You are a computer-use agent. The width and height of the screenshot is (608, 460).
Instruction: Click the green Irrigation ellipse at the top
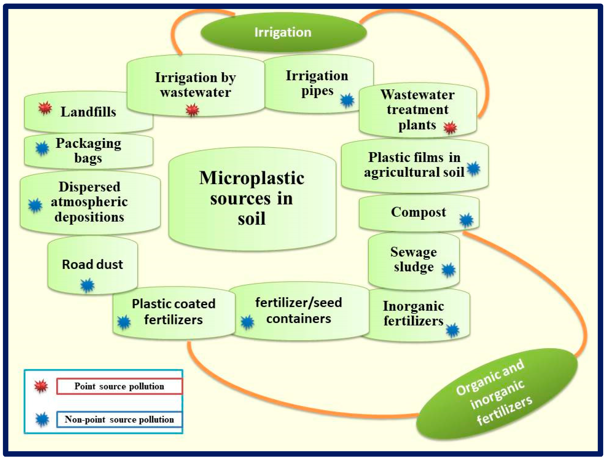(283, 32)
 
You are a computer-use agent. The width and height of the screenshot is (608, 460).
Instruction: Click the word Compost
(418, 212)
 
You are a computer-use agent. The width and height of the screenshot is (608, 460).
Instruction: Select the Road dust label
(92, 264)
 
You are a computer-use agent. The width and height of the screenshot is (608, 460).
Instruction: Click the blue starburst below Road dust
(87, 285)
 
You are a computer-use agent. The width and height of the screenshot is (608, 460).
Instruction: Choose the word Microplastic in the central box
(251, 178)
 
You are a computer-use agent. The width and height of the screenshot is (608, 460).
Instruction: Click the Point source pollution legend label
(119, 386)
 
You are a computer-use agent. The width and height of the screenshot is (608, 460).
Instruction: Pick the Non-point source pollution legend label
(119, 419)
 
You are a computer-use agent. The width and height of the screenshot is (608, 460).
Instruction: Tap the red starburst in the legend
(41, 386)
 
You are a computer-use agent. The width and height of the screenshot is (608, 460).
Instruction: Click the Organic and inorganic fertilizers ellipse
(496, 393)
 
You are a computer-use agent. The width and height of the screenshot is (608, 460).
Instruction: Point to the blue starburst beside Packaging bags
(42, 149)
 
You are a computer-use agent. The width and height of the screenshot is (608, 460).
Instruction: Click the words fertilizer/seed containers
(298, 311)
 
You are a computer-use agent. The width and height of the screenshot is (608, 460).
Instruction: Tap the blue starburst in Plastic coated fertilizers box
(124, 322)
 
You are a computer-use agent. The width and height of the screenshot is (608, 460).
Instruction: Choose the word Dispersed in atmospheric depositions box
(90, 187)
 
